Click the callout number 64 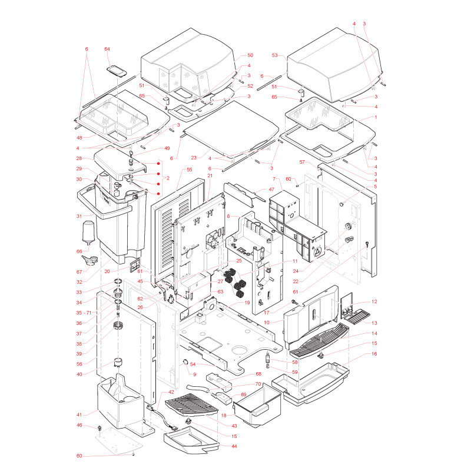107,49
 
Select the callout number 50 250,55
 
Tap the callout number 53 275,55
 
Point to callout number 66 79,251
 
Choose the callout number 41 79,415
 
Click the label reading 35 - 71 84,313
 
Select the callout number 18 224,416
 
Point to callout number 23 194,158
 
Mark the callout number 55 189,170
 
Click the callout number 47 271,190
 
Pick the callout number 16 374,354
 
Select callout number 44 234,446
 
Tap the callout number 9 195,374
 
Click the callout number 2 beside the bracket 168,178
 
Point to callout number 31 79,216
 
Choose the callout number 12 374,301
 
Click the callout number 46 79,425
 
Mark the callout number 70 258,384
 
